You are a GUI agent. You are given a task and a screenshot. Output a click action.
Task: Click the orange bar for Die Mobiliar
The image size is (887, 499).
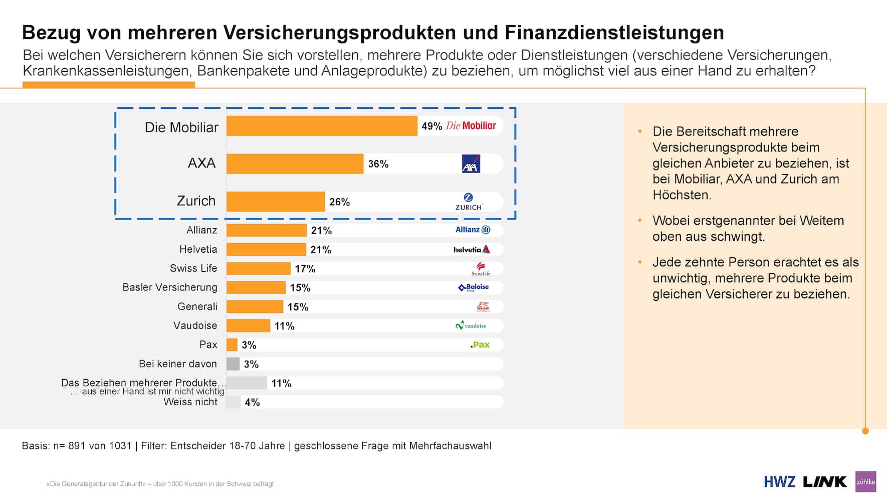click(x=322, y=126)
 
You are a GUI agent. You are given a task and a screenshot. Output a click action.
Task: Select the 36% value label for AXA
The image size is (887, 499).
click(x=378, y=164)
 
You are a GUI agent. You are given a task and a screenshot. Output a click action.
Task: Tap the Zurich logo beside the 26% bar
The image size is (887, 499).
click(x=469, y=202)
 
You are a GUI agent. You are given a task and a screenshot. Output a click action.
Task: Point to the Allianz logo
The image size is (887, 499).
click(x=473, y=230)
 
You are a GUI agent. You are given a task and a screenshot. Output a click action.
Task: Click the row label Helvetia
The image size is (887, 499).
click(x=198, y=249)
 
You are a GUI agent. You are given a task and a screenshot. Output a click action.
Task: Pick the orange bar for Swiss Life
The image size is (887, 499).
click(x=258, y=268)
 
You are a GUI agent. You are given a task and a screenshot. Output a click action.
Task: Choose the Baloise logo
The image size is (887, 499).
click(x=474, y=287)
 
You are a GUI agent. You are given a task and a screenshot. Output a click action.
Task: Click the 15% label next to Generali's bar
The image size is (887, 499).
click(x=298, y=307)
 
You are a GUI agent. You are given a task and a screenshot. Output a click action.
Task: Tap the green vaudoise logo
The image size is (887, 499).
click(x=471, y=325)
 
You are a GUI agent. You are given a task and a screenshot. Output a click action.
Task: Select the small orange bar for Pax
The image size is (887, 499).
click(x=232, y=345)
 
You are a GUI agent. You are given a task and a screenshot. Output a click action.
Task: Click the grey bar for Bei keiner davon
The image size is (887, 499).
click(x=233, y=364)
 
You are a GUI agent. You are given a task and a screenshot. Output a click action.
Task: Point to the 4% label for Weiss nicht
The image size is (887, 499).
click(x=252, y=402)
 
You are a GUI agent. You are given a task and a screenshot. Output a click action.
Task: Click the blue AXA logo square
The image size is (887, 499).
click(x=471, y=164)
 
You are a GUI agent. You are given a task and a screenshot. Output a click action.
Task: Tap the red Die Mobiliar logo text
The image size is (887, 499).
click(x=471, y=126)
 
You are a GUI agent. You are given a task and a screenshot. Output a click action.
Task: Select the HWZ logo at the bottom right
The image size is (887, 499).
click(x=779, y=482)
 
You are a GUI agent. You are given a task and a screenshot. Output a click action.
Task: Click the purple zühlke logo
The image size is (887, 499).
click(x=865, y=482)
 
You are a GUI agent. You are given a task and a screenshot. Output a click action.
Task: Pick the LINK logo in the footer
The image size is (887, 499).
click(x=824, y=482)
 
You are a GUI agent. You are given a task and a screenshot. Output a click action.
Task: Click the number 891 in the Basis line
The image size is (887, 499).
click(x=77, y=446)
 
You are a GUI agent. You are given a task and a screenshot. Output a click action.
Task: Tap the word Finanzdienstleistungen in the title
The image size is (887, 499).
click(x=614, y=33)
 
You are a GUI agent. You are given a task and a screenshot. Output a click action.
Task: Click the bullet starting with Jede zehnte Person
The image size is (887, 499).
click(x=755, y=278)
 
